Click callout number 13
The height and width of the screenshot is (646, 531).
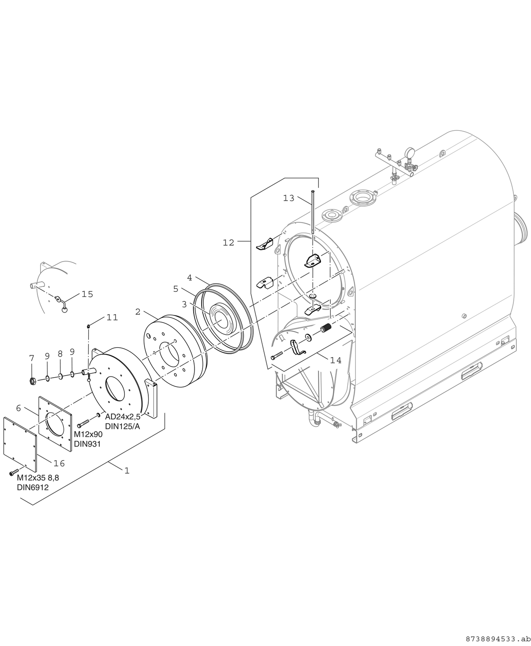coord(289,198)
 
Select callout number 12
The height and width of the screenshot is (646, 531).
coord(229,243)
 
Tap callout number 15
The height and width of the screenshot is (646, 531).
coord(87,294)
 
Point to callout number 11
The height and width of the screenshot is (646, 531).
coord(112,318)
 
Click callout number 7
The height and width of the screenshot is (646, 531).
coord(32,358)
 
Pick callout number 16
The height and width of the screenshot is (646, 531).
coord(59,463)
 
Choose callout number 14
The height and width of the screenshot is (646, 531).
coord(336,360)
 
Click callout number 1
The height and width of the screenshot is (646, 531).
coord(126,470)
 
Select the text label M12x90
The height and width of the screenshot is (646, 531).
coord(88,434)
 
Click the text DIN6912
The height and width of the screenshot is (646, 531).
coord(33,487)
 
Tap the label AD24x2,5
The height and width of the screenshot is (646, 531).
coord(123,417)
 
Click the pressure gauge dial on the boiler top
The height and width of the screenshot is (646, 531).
coord(408,152)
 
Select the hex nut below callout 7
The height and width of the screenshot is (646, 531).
coord(32,381)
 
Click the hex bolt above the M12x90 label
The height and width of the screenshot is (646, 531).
coord(84,421)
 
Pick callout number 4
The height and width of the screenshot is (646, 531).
coord(189,278)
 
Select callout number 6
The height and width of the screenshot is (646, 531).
coord(18,408)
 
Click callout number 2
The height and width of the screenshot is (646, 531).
coord(138,312)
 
